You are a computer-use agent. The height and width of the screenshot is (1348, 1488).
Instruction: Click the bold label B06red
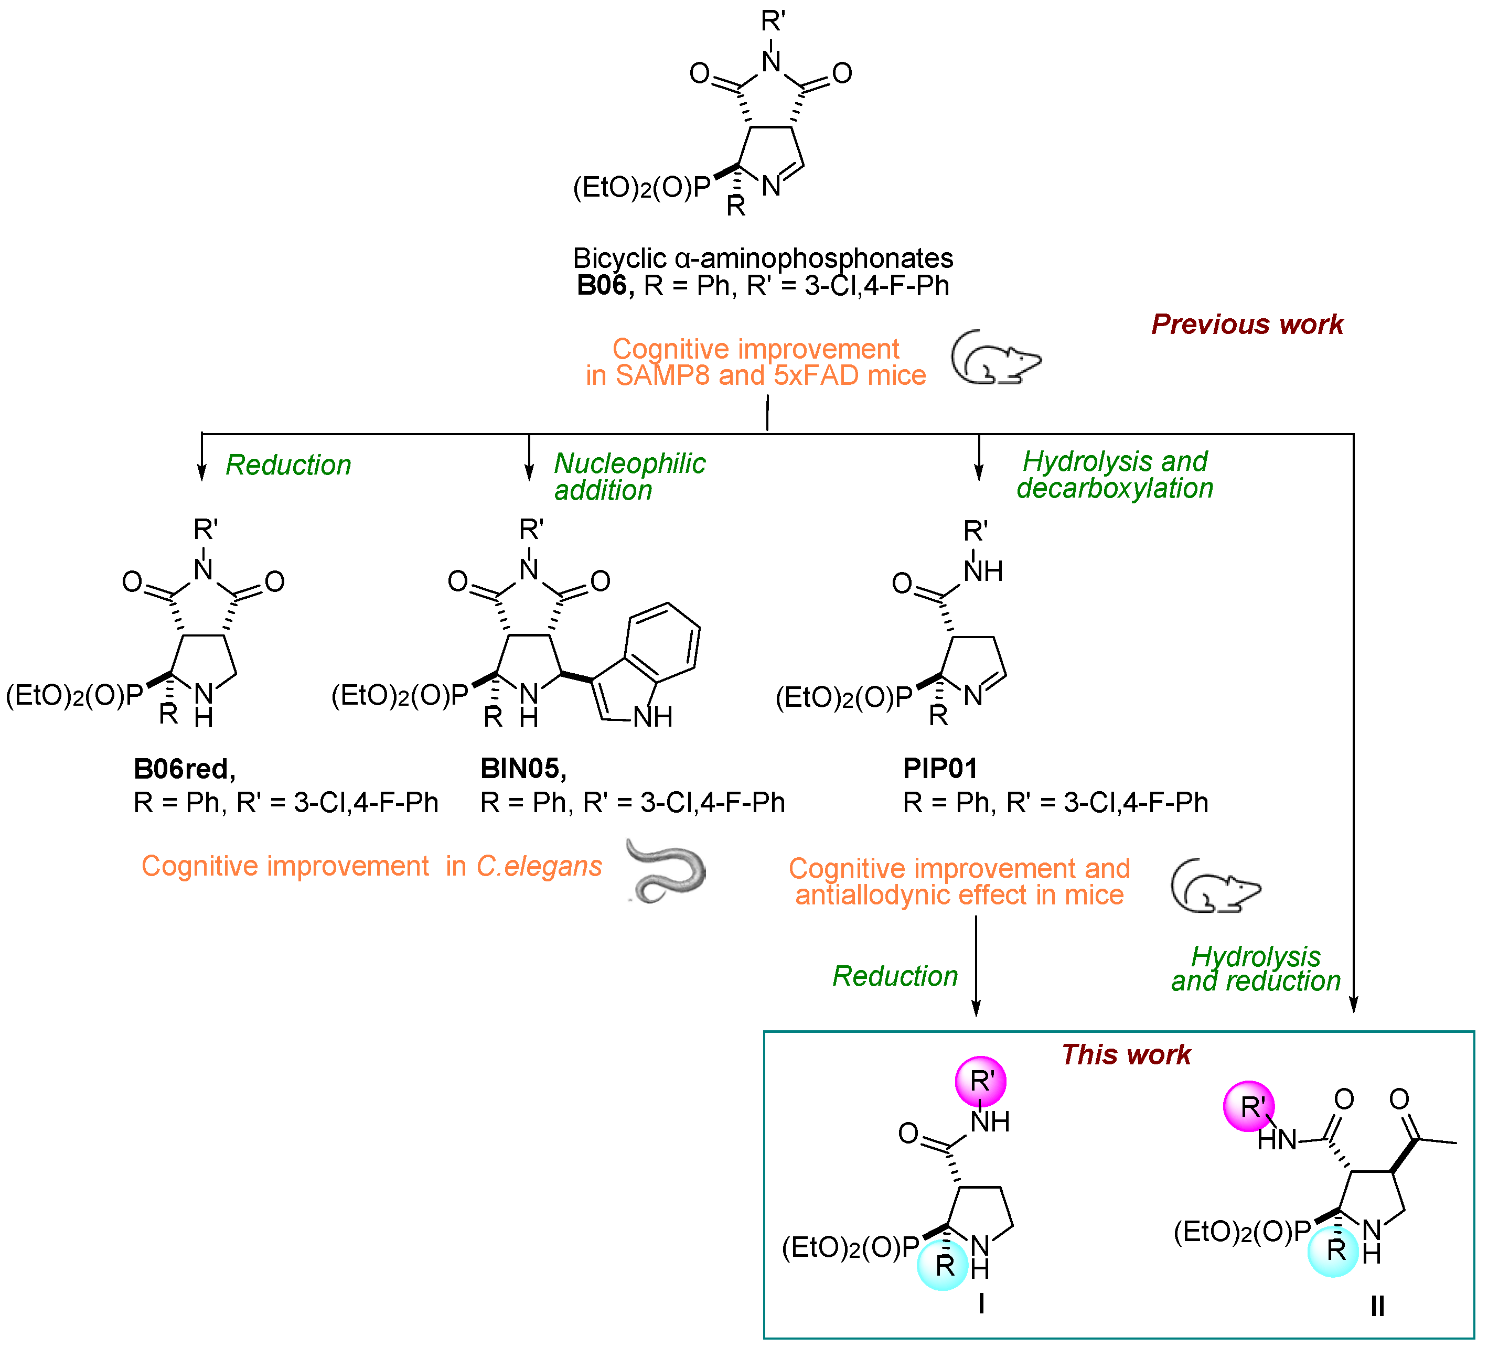click(184, 769)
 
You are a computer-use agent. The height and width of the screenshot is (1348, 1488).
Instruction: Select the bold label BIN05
click(522, 769)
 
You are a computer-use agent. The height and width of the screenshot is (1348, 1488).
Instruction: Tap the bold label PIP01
click(939, 769)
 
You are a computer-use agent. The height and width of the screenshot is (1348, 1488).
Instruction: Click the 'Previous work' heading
click(1247, 325)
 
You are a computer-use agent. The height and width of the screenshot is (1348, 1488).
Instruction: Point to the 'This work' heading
click(1126, 1054)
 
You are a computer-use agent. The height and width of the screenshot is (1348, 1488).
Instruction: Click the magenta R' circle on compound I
click(980, 1081)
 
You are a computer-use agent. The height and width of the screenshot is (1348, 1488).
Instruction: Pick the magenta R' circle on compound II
click(1249, 1106)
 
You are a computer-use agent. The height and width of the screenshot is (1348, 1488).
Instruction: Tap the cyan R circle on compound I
click(943, 1265)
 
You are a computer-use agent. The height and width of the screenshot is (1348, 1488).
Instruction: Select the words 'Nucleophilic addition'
click(629, 477)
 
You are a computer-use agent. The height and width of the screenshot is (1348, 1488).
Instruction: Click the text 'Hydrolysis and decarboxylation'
click(1115, 475)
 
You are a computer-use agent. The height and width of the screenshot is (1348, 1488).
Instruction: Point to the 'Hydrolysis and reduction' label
click(1256, 969)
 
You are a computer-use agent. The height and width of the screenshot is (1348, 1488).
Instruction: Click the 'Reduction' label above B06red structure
click(288, 465)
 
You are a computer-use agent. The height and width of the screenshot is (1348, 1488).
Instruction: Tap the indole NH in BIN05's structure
click(652, 716)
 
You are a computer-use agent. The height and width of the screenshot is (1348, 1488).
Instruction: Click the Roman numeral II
click(1377, 1307)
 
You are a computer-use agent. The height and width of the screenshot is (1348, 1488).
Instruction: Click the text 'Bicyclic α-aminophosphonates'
click(763, 258)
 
